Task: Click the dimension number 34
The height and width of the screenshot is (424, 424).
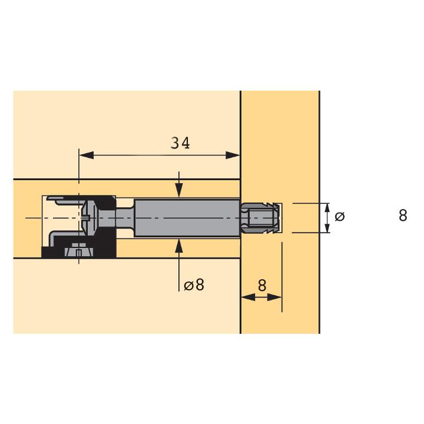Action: point(180,143)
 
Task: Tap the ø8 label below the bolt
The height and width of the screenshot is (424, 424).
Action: point(194,285)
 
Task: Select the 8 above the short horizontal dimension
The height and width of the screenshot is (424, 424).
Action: point(261,286)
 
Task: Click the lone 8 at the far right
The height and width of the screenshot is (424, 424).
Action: point(403,216)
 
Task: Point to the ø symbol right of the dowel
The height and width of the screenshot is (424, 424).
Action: point(340,216)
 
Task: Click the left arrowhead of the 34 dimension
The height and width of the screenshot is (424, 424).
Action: point(86,155)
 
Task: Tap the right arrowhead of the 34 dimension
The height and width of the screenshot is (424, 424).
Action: point(233,155)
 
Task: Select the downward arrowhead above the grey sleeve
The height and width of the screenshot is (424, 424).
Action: point(179,190)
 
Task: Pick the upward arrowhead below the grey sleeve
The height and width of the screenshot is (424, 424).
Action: point(179,246)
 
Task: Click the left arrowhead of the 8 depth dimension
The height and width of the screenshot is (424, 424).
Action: point(248,297)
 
